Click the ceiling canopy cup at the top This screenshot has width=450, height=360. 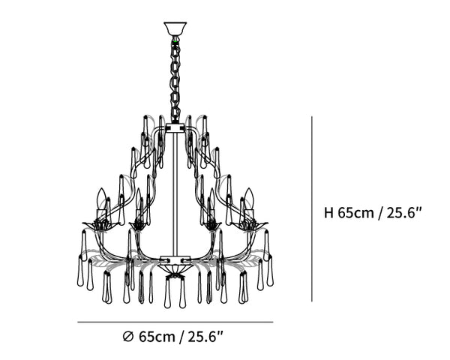tap(175, 28)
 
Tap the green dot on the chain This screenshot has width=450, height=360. tap(175, 42)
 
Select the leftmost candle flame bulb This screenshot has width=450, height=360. tap(101, 199)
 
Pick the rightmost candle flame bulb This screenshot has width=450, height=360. tap(249, 199)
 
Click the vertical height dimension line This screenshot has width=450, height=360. tap(312, 209)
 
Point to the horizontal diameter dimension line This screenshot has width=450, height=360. tap(175, 322)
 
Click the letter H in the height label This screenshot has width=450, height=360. tap(328, 213)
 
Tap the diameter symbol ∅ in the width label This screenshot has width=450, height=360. tap(128, 337)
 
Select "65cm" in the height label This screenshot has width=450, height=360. tap(355, 213)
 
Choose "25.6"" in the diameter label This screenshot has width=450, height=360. tap(205, 337)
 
